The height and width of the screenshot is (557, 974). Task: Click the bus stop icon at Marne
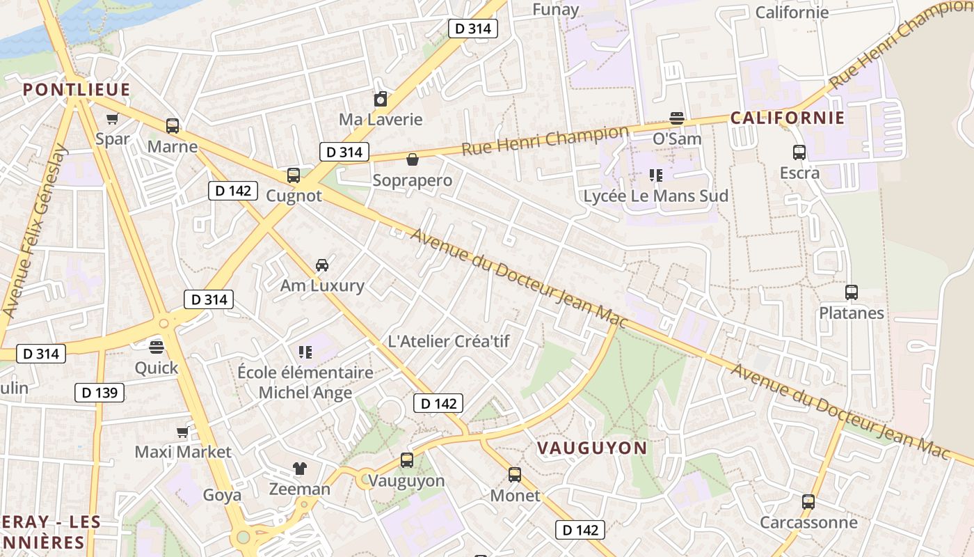point(173,126)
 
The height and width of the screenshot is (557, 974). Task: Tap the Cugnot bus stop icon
point(294,175)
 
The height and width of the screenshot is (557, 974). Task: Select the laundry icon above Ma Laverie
point(380,99)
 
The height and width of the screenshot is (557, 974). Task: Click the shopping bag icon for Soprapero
point(413,159)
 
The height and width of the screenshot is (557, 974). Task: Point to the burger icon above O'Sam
point(676,118)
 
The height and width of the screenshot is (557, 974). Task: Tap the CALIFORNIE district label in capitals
point(787,118)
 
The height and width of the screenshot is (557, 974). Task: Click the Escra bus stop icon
point(799,152)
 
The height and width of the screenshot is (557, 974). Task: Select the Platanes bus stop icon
point(852,292)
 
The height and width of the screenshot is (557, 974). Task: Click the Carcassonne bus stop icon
point(808,501)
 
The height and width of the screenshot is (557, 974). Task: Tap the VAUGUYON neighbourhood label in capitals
point(592,448)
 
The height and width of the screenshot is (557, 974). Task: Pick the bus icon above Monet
point(515,474)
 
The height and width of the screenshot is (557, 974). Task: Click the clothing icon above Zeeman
point(300,468)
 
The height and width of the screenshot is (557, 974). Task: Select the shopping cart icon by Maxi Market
point(182,432)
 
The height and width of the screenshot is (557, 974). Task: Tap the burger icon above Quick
point(157,346)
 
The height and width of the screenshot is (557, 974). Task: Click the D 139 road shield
point(99,393)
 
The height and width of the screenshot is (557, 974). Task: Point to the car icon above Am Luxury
point(322,265)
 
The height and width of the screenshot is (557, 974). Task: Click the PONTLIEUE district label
point(77,89)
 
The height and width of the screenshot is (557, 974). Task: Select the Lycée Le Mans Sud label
point(655,196)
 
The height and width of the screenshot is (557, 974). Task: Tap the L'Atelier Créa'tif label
point(449,341)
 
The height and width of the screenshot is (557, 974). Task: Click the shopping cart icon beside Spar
point(112,118)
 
